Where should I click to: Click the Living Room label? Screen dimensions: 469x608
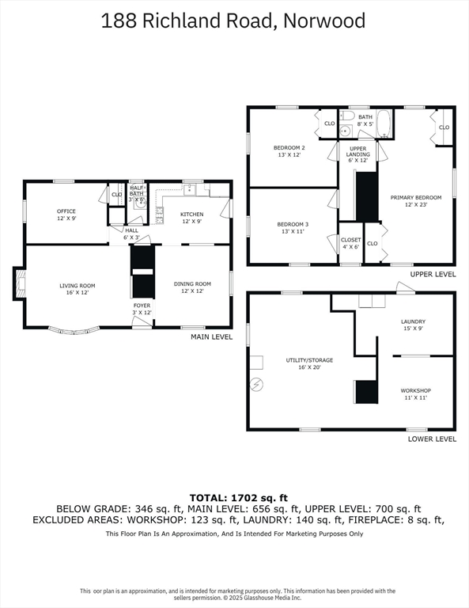click(77, 289)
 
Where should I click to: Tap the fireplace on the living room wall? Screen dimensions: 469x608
click(20, 283)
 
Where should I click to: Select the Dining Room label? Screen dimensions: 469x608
click(192, 287)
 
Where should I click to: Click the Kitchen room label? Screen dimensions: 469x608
click(191, 218)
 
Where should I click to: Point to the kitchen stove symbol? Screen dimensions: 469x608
click(160, 216)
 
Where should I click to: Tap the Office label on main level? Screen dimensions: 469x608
click(66, 215)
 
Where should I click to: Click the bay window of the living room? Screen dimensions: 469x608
click(74, 331)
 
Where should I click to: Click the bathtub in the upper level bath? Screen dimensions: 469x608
click(384, 124)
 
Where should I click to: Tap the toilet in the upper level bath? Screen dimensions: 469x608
click(346, 116)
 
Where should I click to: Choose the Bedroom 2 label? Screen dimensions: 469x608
click(289, 151)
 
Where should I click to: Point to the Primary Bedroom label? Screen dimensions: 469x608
click(416, 201)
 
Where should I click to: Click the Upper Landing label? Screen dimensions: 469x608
click(357, 154)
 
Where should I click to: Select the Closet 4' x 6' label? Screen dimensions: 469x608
click(351, 243)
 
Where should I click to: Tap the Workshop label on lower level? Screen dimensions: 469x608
click(415, 394)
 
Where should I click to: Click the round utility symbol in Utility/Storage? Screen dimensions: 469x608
click(256, 384)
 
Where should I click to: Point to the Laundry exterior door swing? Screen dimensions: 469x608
click(405, 287)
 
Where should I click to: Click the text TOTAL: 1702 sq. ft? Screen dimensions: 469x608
click(239, 497)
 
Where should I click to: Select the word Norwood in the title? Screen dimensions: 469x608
click(324, 21)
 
